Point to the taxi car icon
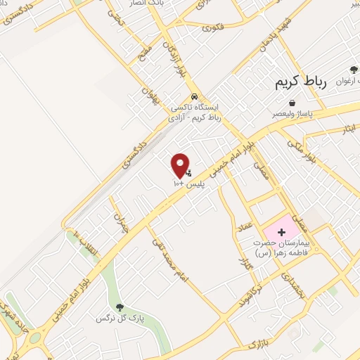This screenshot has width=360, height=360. click(x=195, y=97)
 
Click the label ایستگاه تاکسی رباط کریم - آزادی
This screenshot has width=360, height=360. click(x=196, y=112)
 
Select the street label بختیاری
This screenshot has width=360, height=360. click(x=290, y=288)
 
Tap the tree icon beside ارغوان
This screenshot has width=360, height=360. click(x=354, y=70)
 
